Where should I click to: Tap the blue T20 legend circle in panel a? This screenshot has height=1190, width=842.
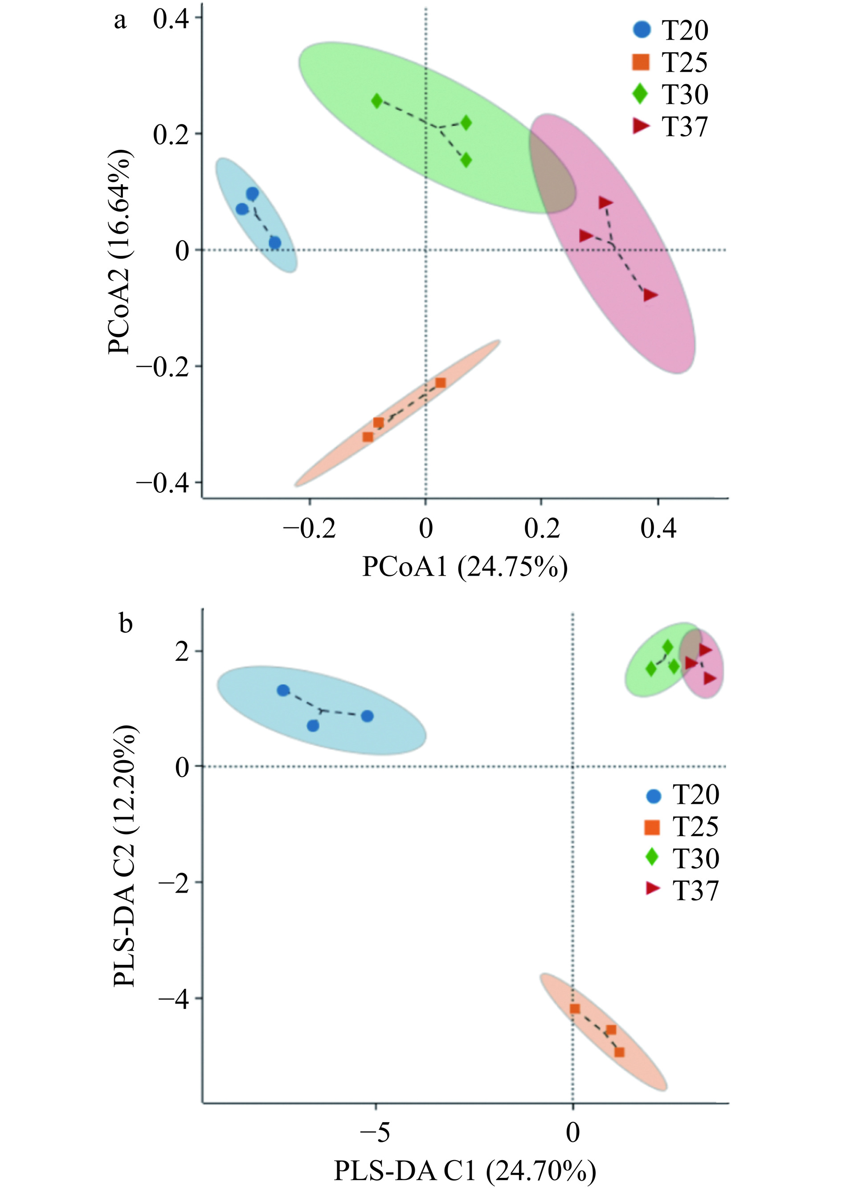click(642, 29)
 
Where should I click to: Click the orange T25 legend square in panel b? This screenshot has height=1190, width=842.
click(652, 827)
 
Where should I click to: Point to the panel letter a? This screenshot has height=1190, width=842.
click(120, 21)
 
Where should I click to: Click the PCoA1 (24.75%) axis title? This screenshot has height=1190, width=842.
click(465, 567)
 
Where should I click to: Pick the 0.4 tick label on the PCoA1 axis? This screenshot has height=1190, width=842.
click(658, 529)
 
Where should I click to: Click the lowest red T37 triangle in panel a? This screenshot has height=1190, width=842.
click(650, 295)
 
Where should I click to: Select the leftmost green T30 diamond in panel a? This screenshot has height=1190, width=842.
click(377, 101)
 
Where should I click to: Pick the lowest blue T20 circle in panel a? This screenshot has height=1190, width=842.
click(275, 243)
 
